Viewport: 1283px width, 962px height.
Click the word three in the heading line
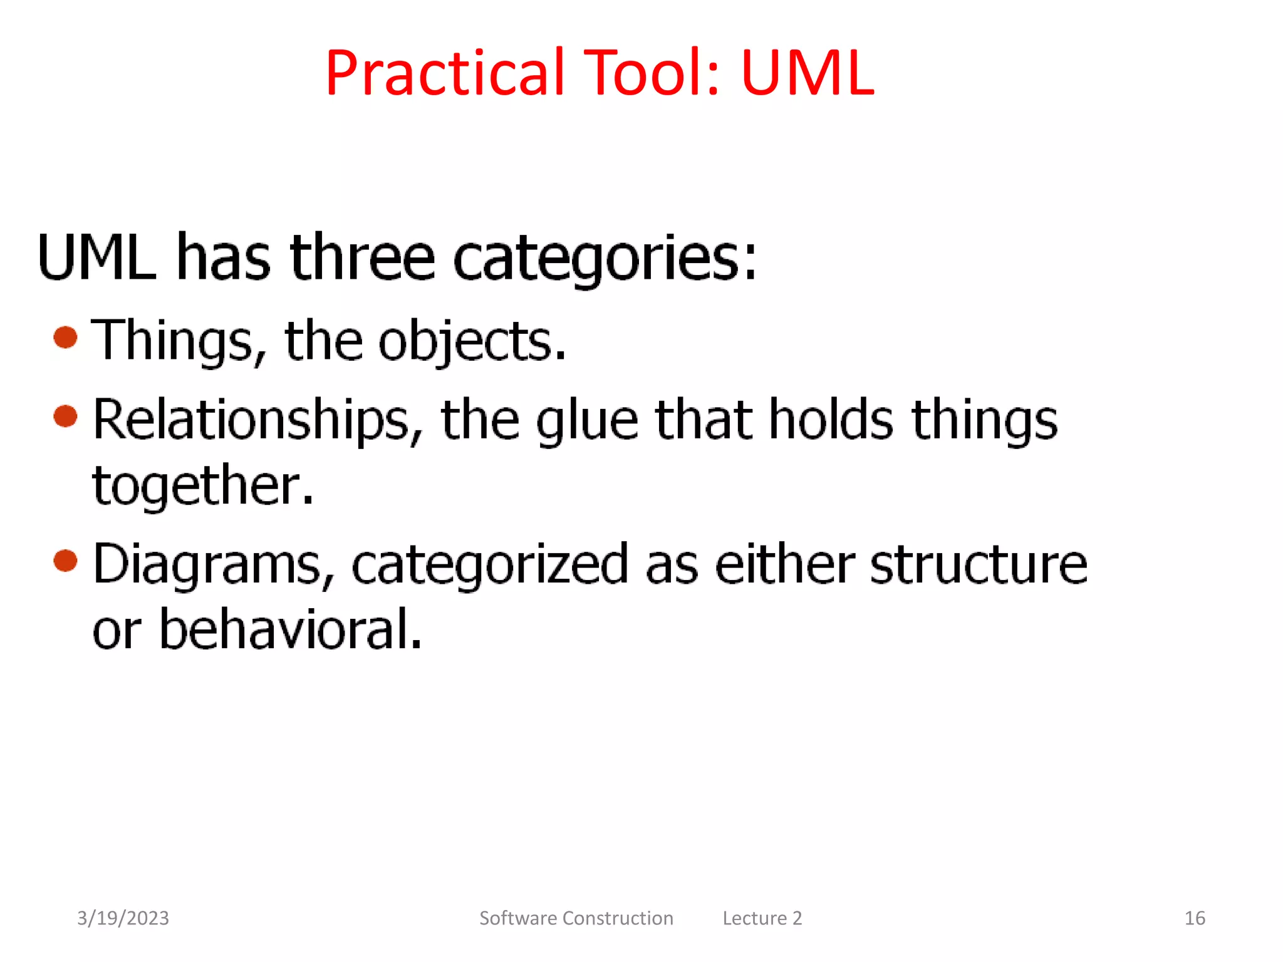click(x=362, y=257)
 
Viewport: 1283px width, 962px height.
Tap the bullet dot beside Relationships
click(x=66, y=416)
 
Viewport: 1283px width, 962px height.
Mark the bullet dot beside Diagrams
click(x=66, y=560)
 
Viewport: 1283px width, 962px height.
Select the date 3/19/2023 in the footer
click(x=123, y=918)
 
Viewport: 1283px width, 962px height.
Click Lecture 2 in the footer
click(x=762, y=918)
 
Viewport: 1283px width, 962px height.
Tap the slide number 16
click(x=1194, y=918)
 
